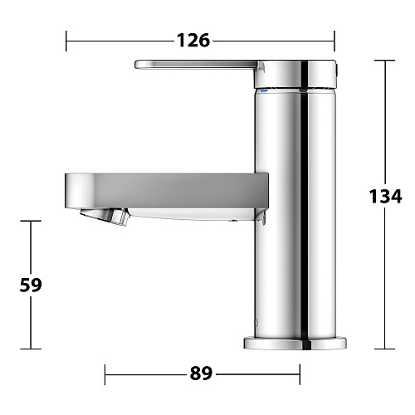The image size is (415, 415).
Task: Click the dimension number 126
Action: pos(193,40)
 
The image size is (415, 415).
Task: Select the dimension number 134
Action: pos(385,196)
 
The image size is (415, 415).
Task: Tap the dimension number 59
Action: pos(31,285)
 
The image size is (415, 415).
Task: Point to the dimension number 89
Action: pos(201,373)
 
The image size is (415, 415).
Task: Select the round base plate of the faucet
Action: pos(296,342)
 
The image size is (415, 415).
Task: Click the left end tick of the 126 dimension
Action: pos(66,40)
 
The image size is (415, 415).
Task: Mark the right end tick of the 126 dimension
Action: pos(334,40)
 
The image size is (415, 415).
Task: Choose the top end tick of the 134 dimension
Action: pos(385,61)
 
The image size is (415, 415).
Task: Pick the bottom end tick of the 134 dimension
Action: pos(385,349)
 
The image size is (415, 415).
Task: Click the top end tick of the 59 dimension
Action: pos(31,221)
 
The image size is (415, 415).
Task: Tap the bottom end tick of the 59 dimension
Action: pos(31,349)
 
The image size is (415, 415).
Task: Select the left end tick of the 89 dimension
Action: pos(105,373)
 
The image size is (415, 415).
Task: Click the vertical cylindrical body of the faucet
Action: pos(296,249)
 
